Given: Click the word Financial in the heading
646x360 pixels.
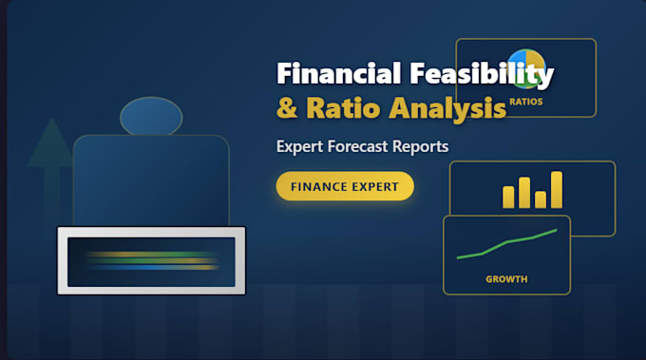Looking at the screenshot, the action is click(x=338, y=73).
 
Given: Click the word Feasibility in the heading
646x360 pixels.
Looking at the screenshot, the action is click(x=482, y=75).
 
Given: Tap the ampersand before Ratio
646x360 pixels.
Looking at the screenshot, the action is click(x=287, y=107).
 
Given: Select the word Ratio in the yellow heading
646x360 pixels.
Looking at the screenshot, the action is click(x=343, y=107).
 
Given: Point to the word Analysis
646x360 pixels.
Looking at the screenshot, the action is click(x=447, y=109).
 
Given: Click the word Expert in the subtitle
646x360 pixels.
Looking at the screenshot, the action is click(x=299, y=146).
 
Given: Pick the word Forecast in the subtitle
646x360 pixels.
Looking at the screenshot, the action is click(x=357, y=146).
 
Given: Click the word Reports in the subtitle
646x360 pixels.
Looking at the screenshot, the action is click(x=420, y=146).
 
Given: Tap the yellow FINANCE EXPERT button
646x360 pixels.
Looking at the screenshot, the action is click(x=345, y=186).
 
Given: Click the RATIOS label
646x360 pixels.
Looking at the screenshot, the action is click(x=526, y=102).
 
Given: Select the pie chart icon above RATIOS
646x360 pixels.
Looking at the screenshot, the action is click(x=527, y=68).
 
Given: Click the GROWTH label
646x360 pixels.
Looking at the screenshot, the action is click(x=506, y=279).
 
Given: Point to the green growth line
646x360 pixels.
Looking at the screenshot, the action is click(x=506, y=243).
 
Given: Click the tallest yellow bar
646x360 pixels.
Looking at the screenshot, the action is click(x=557, y=189).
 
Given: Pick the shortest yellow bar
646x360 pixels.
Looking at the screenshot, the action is click(x=541, y=199).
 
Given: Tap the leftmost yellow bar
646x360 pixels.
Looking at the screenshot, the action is click(x=508, y=197).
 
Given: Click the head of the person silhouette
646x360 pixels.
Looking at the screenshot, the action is click(x=151, y=117).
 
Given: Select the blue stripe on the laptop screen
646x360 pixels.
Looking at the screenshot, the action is click(x=152, y=267).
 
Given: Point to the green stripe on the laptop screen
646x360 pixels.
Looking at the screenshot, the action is click(x=152, y=260).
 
